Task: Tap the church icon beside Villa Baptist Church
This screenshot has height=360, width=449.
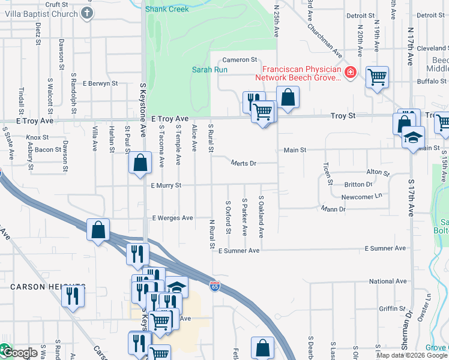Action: click(87, 13)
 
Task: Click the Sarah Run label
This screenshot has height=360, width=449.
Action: click(209, 70)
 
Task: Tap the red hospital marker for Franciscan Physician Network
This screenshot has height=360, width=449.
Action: click(351, 73)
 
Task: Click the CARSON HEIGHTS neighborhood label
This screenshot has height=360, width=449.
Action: click(48, 287)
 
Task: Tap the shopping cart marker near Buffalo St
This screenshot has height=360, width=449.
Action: click(378, 77)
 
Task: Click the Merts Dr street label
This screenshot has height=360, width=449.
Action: click(244, 163)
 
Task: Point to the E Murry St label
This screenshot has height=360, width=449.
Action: click(166, 186)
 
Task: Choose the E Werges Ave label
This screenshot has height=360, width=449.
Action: click(172, 218)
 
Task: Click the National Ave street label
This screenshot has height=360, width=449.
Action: click(388, 281)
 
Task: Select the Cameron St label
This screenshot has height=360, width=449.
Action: click(240, 60)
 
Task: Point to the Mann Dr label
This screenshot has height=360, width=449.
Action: click(333, 209)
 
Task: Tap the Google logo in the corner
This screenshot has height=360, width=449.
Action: click(20, 353)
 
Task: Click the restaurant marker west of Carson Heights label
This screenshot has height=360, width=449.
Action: click(73, 296)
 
